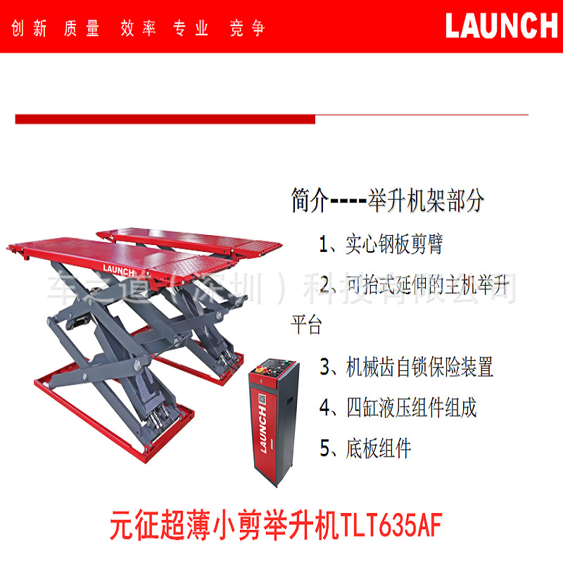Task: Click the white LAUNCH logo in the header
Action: tap(501, 25)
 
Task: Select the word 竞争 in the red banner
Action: tap(247, 29)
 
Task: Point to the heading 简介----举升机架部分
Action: tap(388, 201)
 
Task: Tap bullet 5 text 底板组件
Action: tap(378, 448)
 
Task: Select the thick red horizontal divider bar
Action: tap(165, 119)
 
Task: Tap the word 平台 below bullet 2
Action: tap(306, 326)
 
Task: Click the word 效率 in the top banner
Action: tap(137, 29)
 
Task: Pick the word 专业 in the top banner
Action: tap(192, 29)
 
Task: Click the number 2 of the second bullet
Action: tap(327, 285)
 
